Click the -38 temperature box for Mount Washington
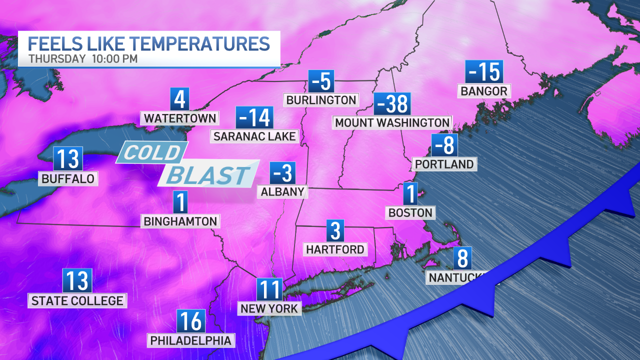(392, 104)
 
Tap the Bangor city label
(484, 91)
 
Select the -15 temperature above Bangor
(483, 72)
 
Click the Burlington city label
(321, 99)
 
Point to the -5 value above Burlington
(321, 80)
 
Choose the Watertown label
(180, 118)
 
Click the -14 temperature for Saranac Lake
(254, 117)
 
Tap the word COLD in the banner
(151, 152)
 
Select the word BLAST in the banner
(208, 175)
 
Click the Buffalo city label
(68, 178)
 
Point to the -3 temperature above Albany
(282, 173)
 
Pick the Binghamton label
(180, 220)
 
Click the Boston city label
(410, 212)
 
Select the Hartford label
(335, 248)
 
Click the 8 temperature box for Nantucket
(462, 258)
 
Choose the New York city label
(269, 308)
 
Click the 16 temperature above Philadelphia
(191, 321)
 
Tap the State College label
(77, 300)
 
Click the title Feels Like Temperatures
(149, 43)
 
